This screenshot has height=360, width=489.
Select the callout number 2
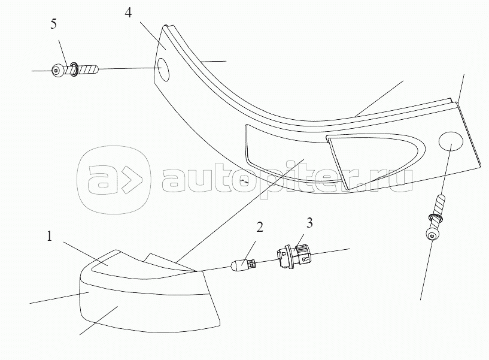click(259, 226)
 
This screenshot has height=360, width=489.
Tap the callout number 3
click(309, 223)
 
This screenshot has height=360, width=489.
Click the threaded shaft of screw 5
click(87, 70)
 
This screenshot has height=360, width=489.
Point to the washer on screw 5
click(72, 69)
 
